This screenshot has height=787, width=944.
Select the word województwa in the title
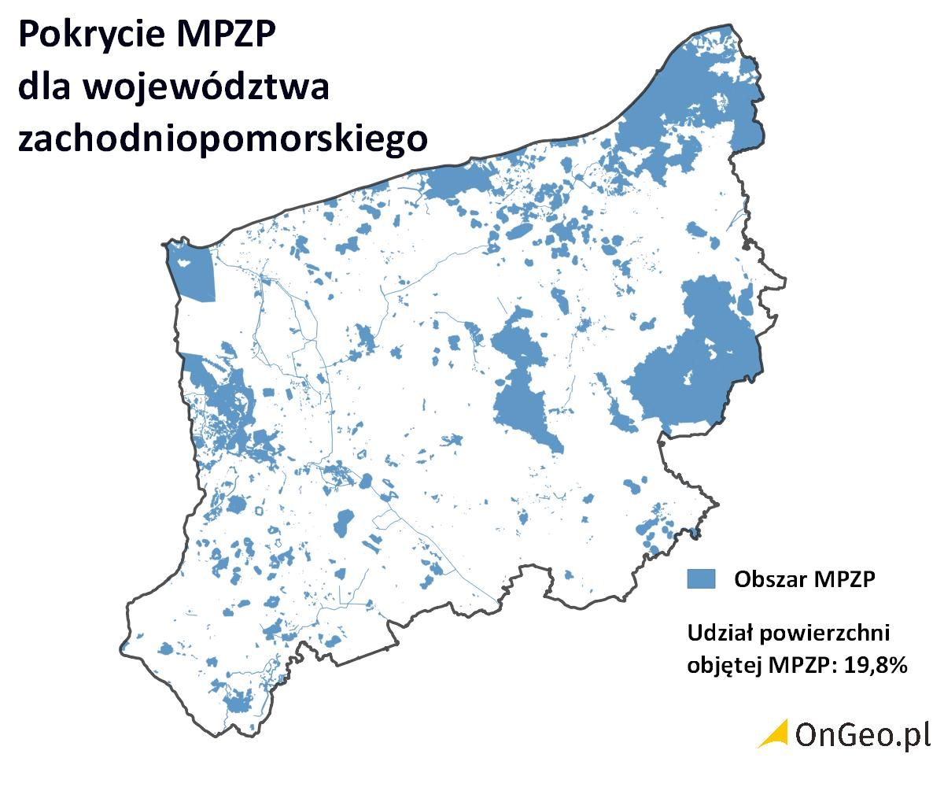pyautogui.click(x=204, y=87)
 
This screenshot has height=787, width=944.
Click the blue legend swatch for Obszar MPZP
pyautogui.click(x=701, y=578)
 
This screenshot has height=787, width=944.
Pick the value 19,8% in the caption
pyautogui.click(x=877, y=664)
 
